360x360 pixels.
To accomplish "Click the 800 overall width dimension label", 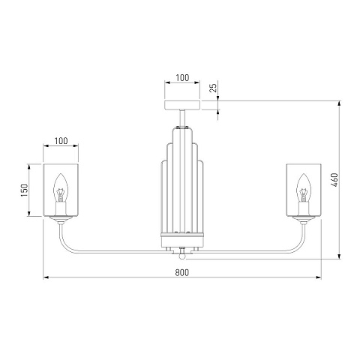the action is tap(182, 272).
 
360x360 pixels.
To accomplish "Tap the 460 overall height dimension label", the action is tap(334, 180).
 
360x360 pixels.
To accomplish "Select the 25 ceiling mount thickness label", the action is tap(213, 88).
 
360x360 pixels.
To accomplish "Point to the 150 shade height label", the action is tap(24, 190).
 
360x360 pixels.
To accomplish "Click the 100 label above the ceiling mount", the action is tap(182, 78).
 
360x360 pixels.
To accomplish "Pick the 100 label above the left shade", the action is tap(61, 141).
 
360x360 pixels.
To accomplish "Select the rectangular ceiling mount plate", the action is tap(182, 105).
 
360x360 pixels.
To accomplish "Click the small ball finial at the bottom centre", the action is tap(182, 256).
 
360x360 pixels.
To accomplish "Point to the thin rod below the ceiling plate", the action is tap(182, 118).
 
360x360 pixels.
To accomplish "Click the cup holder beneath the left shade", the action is tap(61, 220).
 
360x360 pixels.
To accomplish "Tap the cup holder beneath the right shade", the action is tap(304, 220).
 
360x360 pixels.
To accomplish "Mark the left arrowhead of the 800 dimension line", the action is tap(46, 277).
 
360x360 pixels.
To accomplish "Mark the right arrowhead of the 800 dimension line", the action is tap(319, 277).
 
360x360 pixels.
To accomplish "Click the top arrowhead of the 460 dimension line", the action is tap(339, 103).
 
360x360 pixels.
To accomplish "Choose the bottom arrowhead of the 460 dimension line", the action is tap(339, 256).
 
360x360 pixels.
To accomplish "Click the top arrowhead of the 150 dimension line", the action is tap(28, 166).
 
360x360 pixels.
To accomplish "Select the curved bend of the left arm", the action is tap(64, 244).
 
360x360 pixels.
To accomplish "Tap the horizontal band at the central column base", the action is tap(182, 235).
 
